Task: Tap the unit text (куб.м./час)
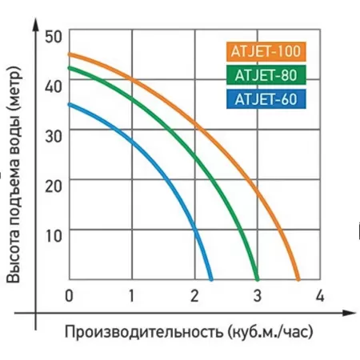[x=270, y=331]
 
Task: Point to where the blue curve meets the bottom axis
[x=211, y=279]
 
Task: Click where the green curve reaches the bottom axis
[x=258, y=279]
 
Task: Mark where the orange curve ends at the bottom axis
[x=298, y=279]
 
